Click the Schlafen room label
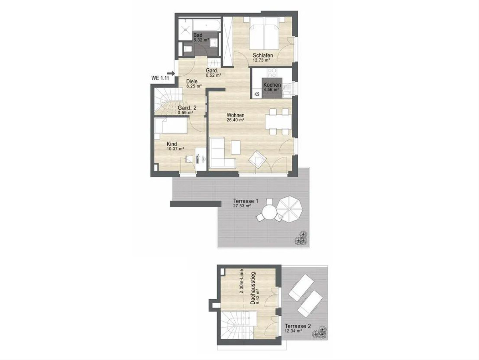(263, 55)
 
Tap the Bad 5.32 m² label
(201, 37)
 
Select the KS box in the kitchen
(257, 94)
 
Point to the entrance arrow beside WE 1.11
(172, 73)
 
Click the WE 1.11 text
(160, 78)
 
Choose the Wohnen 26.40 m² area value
(235, 120)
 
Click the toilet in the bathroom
(188, 49)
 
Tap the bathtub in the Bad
(206, 25)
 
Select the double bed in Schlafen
(264, 34)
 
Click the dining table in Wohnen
(279, 122)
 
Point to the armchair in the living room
(257, 159)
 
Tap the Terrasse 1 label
(246, 201)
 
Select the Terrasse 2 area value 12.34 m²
(293, 331)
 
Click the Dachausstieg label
(253, 288)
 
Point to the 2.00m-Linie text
(241, 281)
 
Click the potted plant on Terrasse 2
(320, 332)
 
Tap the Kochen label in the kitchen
(272, 85)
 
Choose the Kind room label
(172, 144)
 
